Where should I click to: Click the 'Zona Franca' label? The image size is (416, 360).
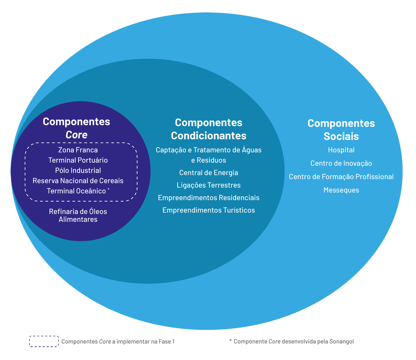click(78, 150)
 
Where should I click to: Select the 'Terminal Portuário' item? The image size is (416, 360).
click(78, 160)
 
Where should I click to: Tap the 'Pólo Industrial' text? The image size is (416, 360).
click(78, 171)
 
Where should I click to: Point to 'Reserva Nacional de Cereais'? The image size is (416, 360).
click(78, 181)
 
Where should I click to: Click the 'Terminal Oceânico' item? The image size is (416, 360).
click(76, 191)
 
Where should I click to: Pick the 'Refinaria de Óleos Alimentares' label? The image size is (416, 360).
click(78, 216)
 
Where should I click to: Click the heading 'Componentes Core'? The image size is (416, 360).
click(76, 128)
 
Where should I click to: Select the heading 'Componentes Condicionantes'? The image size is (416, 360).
click(209, 129)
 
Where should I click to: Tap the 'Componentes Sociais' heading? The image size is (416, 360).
click(341, 130)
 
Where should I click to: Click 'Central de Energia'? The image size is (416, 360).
click(209, 173)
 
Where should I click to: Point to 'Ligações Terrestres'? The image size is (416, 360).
click(209, 185)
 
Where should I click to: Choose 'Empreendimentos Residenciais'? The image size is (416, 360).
click(209, 198)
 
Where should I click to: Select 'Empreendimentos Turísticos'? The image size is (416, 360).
click(209, 210)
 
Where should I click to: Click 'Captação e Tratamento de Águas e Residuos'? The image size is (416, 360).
click(209, 155)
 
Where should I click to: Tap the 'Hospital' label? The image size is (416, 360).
click(341, 150)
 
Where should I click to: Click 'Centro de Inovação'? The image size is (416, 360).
click(341, 164)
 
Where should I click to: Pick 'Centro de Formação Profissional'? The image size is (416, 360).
click(341, 177)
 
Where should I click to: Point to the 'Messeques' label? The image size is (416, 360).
click(341, 190)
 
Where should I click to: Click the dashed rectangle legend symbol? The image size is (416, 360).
click(44, 341)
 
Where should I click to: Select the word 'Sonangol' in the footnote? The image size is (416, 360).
click(341, 342)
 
